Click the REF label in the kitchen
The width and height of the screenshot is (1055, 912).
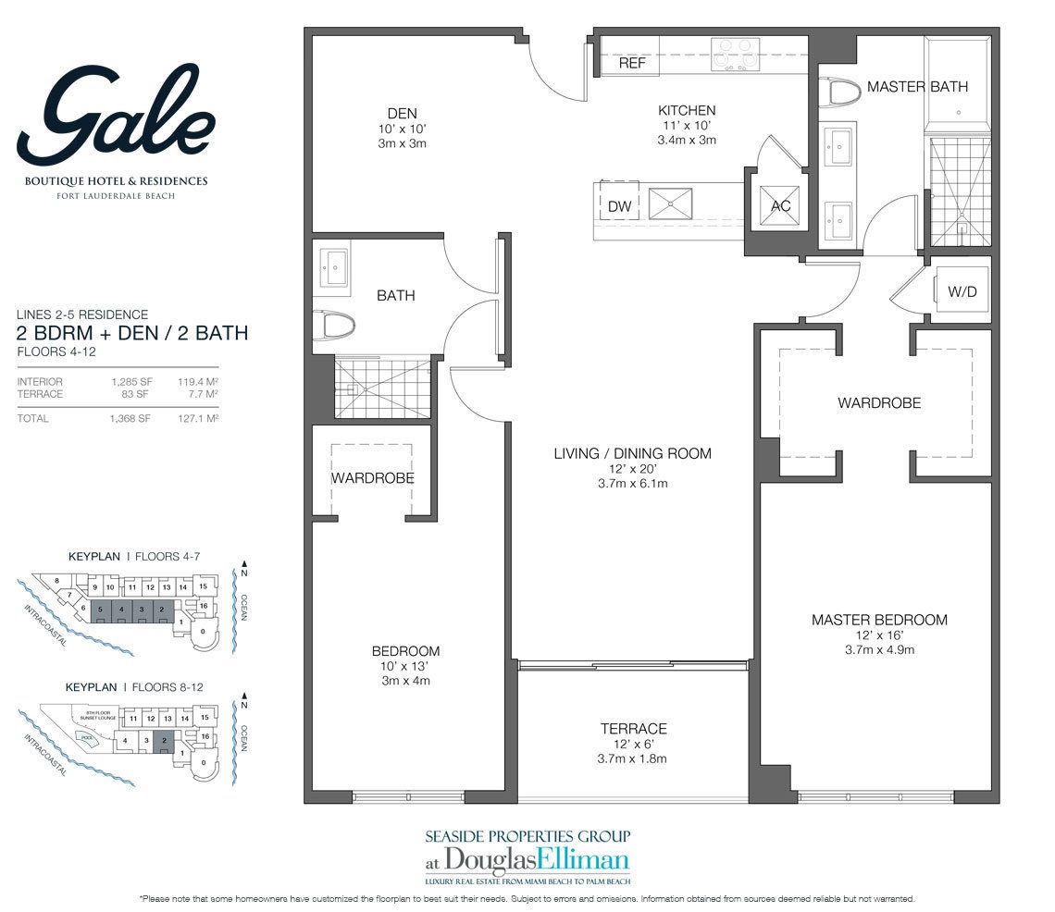632,64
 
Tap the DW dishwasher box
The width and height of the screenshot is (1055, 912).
619,206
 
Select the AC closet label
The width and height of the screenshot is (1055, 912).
781,206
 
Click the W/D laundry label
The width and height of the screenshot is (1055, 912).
962,292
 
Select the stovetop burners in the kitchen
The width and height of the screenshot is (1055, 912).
735,55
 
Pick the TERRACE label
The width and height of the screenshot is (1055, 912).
633,729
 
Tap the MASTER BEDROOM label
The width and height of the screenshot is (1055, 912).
879,620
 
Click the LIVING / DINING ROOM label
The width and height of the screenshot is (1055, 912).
632,453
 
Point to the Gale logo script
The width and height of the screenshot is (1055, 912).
115,116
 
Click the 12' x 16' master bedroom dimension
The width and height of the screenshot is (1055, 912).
878,635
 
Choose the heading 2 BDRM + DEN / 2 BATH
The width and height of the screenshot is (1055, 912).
133,333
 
